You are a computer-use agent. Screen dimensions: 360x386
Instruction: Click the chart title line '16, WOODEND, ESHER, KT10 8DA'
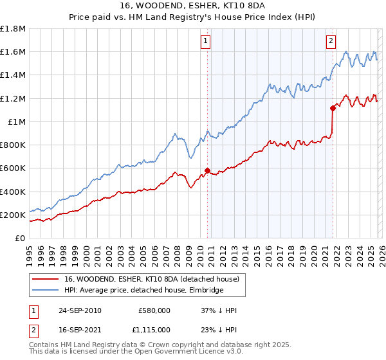click(193, 6)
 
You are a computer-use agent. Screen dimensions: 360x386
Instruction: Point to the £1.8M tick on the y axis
click(13, 29)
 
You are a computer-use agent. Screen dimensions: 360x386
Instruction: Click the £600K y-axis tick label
click(13, 168)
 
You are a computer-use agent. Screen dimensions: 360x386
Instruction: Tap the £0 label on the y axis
click(21, 239)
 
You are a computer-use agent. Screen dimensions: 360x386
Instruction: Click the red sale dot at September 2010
click(207, 170)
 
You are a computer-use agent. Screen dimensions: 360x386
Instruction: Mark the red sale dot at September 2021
click(333, 108)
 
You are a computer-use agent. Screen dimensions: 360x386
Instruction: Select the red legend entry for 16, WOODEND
click(152, 279)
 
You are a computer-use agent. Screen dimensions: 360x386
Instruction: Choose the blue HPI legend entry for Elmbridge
click(143, 290)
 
